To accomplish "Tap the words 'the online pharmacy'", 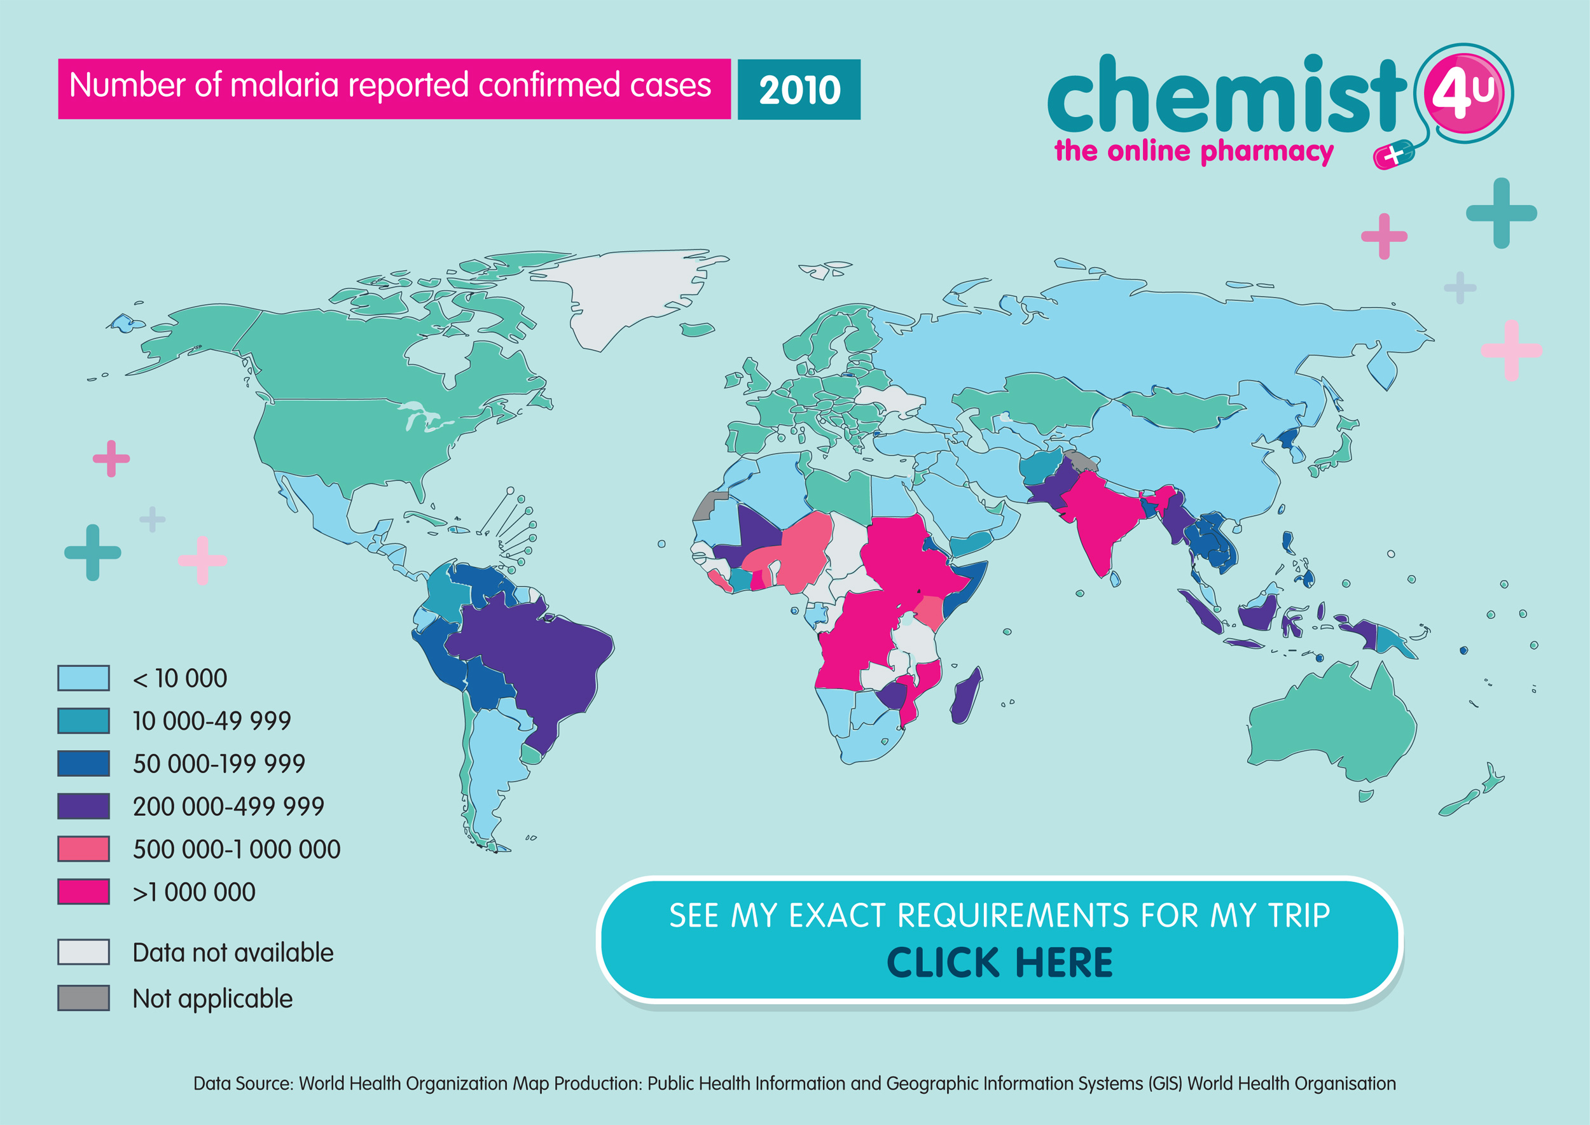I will tap(1192, 151).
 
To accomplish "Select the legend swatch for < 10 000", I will tap(83, 678).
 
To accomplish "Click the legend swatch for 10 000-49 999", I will tap(83, 720).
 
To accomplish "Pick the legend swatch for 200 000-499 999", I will tap(83, 806).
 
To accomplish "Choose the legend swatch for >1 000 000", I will tap(83, 891).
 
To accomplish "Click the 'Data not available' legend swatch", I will tap(83, 952).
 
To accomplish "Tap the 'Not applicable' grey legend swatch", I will tap(83, 998).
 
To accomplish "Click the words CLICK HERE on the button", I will tap(999, 962).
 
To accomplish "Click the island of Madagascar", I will tap(965, 696).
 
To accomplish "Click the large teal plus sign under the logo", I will tap(1501, 213).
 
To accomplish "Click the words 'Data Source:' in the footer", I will tap(243, 1084).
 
